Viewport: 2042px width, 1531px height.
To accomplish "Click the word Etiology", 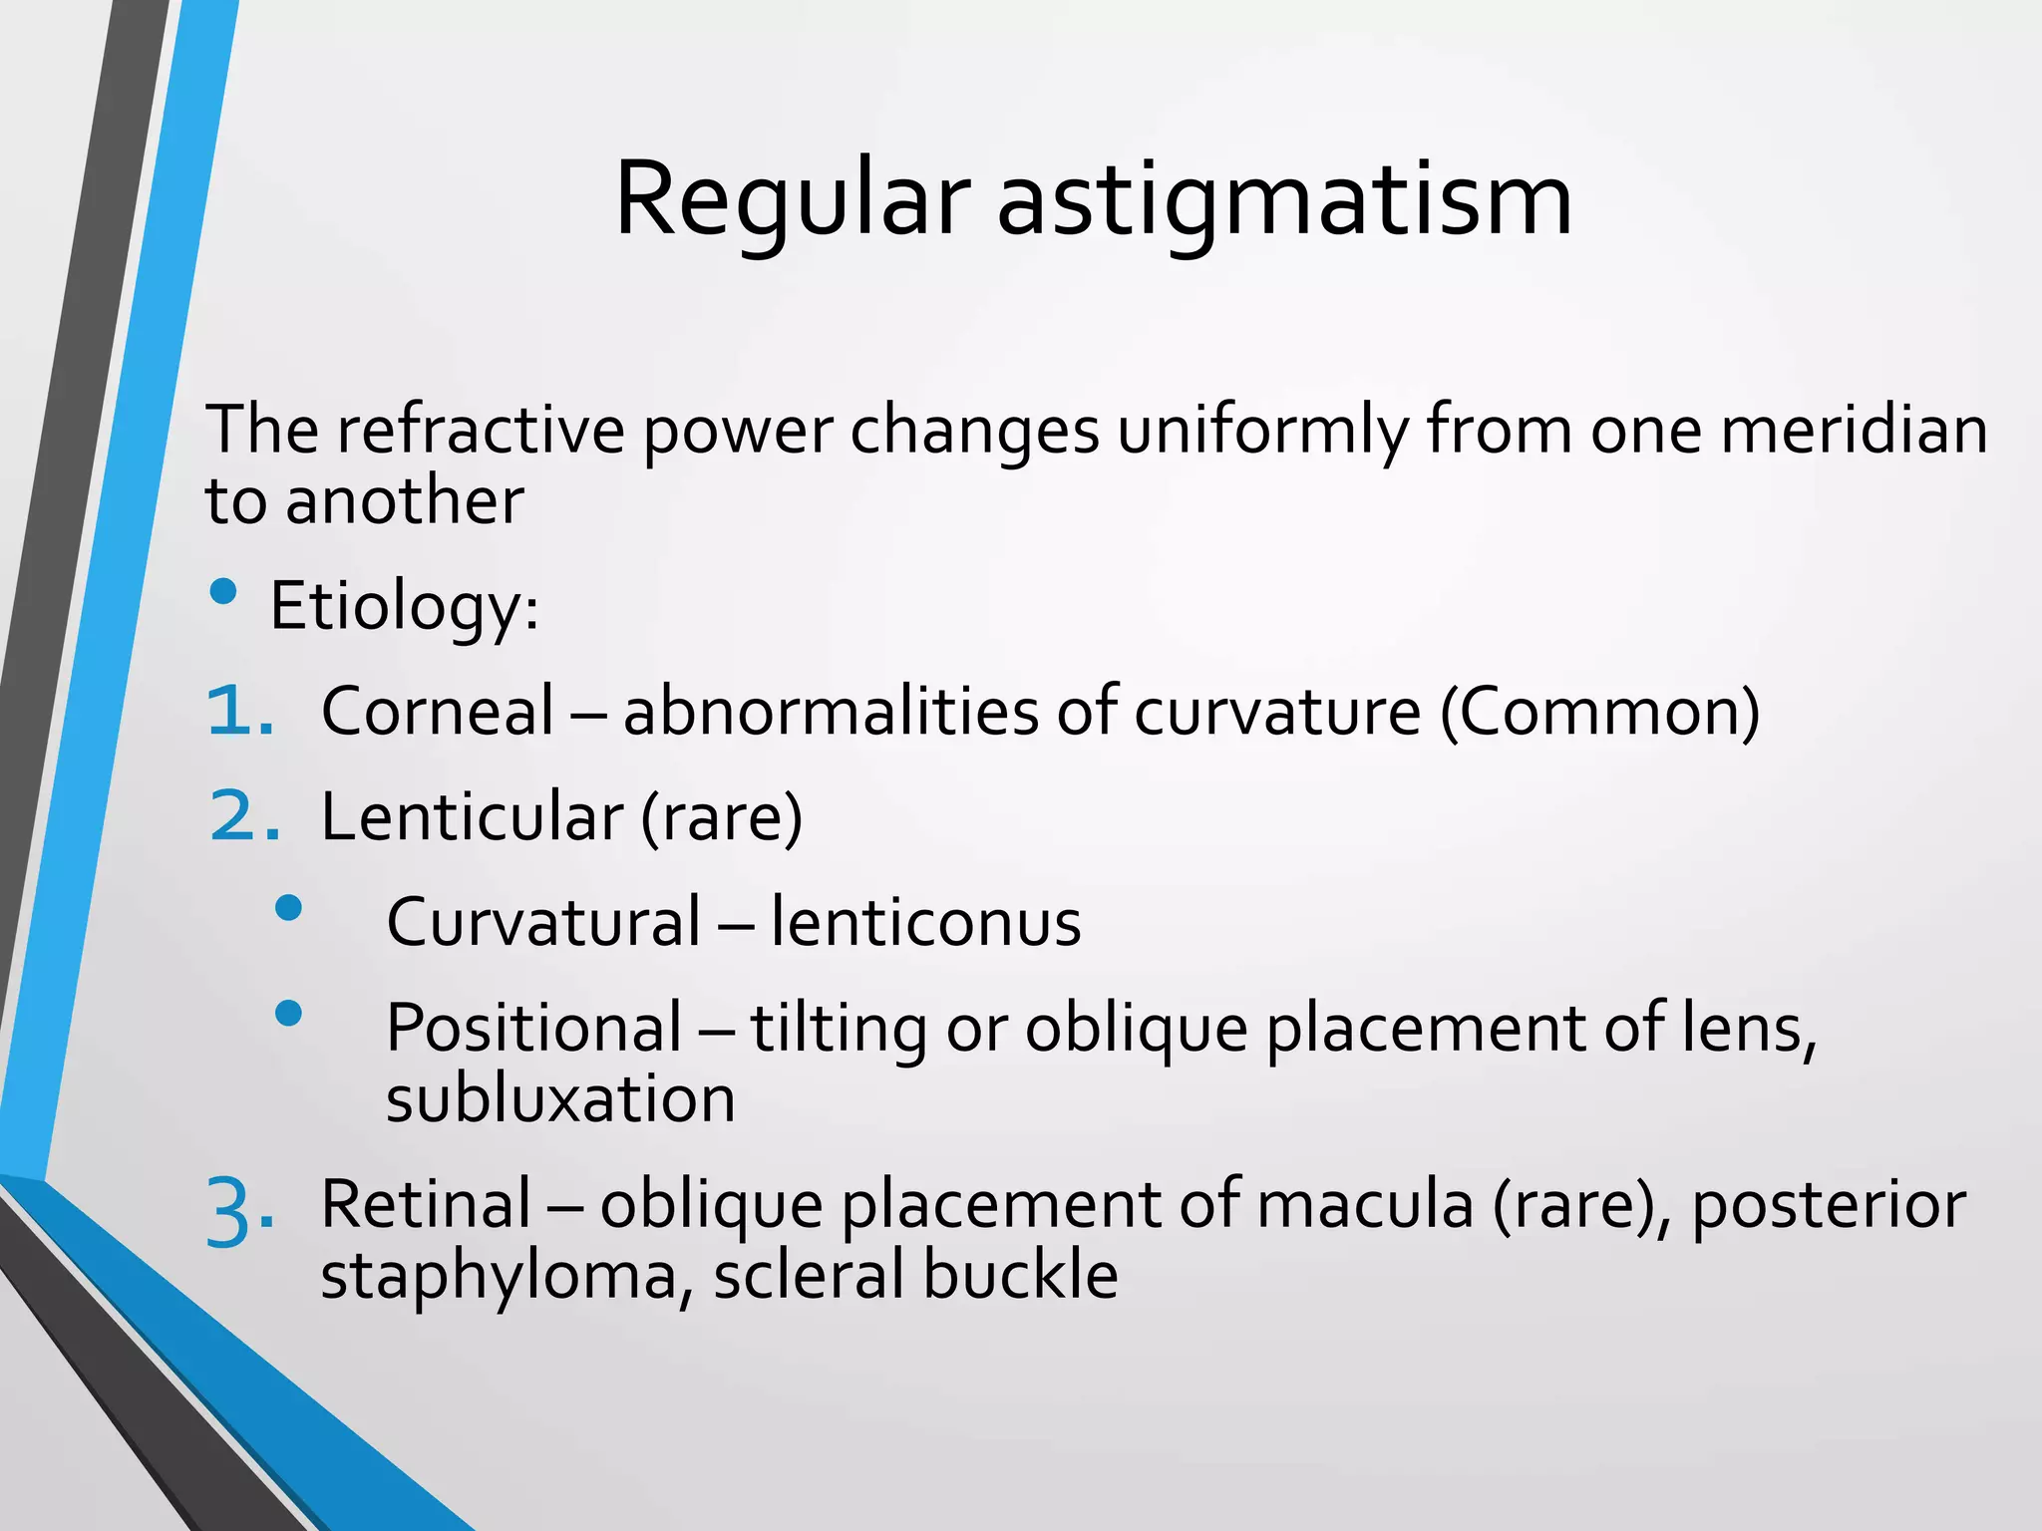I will [x=404, y=606].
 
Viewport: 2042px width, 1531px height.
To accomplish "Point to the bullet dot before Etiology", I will [x=224, y=593].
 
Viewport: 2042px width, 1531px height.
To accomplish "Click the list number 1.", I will [x=239, y=712].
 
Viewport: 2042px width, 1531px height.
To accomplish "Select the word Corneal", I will [x=437, y=712].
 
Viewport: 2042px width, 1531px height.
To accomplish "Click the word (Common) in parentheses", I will [x=1600, y=712].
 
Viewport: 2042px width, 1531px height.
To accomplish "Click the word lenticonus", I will [x=925, y=922].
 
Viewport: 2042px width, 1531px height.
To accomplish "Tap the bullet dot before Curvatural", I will [x=288, y=907].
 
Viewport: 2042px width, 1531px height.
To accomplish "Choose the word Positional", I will [x=533, y=1028].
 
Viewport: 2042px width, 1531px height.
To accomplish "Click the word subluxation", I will [x=560, y=1099].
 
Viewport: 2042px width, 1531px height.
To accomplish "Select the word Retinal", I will [x=426, y=1204].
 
